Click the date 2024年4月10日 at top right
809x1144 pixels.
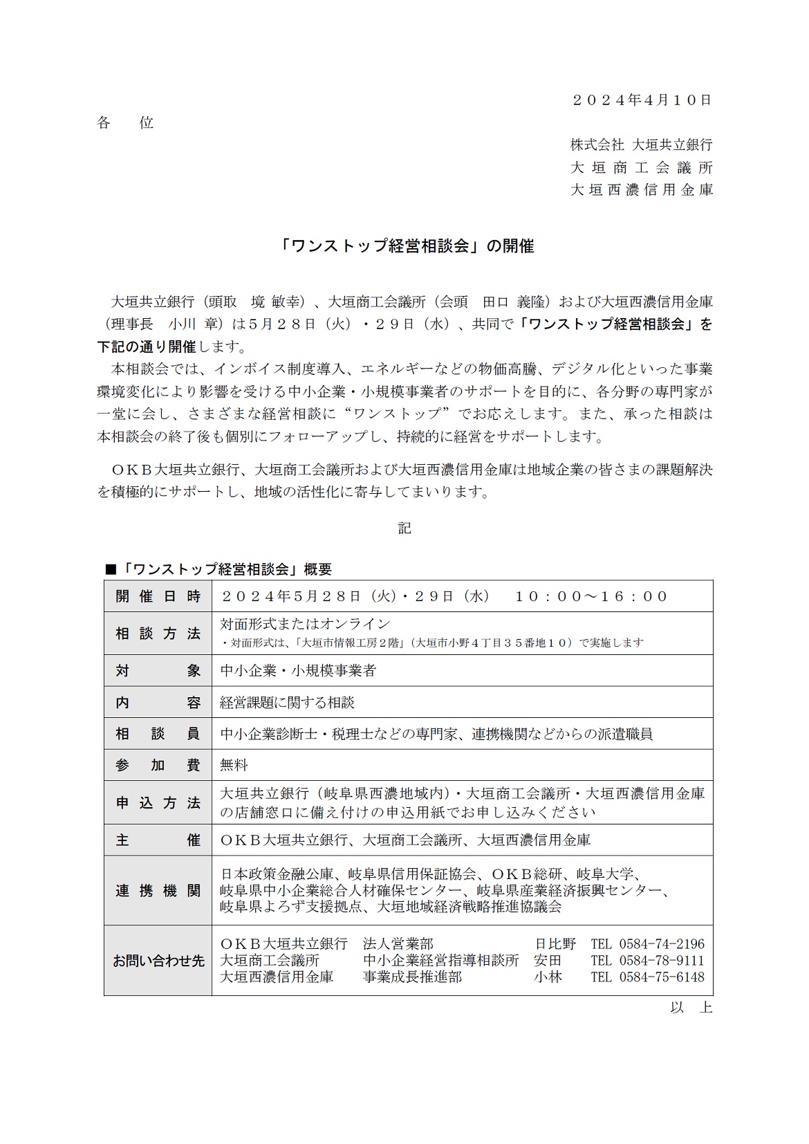(x=642, y=100)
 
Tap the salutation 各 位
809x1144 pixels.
(x=125, y=123)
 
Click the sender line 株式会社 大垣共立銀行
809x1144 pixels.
(x=641, y=145)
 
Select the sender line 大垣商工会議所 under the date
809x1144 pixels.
(x=641, y=167)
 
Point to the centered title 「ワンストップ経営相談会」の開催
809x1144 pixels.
(x=404, y=246)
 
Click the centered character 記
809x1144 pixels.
(x=404, y=528)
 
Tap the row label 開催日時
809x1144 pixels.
(x=158, y=596)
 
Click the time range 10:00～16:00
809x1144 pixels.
(x=591, y=596)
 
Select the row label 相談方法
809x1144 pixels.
(x=158, y=633)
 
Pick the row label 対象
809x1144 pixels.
(x=158, y=670)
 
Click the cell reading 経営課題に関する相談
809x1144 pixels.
(x=287, y=703)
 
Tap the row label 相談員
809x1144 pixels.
(x=158, y=734)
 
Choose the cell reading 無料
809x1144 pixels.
(x=234, y=765)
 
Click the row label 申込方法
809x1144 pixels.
(x=158, y=803)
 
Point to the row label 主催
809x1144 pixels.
(x=158, y=840)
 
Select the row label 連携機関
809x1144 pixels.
(x=158, y=891)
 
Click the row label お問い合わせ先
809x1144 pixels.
(x=158, y=961)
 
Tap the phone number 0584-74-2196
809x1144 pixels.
(x=662, y=944)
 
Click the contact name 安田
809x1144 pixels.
(x=548, y=961)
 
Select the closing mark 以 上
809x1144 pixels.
(x=691, y=1008)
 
